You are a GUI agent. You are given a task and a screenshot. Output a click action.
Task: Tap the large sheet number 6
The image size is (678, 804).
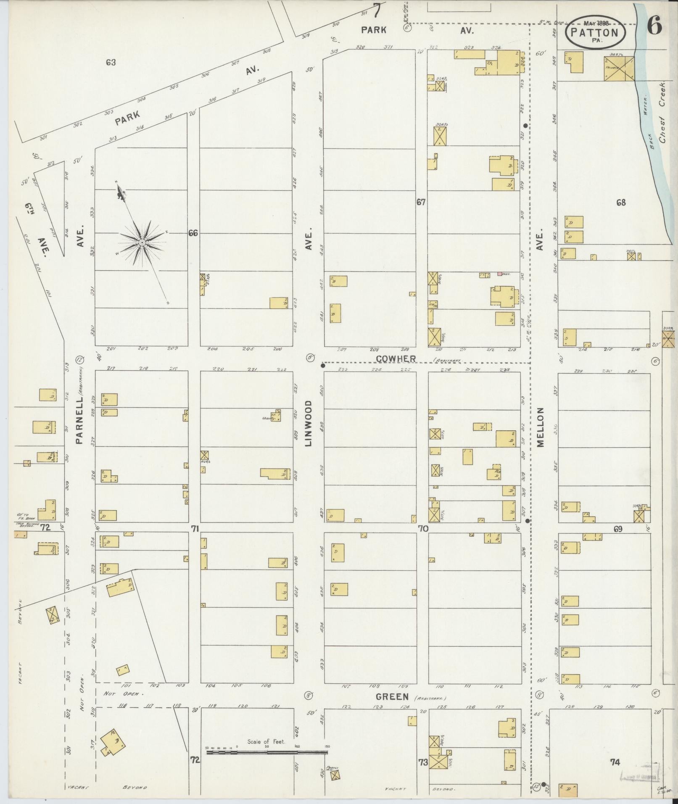(654, 26)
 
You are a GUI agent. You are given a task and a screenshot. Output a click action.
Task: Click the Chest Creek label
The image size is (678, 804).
(663, 113)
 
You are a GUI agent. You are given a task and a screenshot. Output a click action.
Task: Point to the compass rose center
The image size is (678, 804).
(142, 243)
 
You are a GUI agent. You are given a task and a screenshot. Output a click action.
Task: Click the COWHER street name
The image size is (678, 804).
(396, 359)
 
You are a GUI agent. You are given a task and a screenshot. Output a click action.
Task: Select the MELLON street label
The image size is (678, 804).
(540, 427)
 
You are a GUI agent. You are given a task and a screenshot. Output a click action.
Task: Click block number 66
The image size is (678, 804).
(193, 233)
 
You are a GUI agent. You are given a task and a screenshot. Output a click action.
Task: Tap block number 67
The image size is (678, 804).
(421, 202)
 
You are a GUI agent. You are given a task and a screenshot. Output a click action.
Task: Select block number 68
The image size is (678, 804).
(621, 203)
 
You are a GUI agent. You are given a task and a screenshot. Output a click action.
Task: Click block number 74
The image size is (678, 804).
(615, 762)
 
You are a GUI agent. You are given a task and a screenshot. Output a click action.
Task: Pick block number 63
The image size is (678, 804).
(111, 63)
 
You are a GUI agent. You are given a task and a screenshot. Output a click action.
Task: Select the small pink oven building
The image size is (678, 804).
(500, 274)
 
